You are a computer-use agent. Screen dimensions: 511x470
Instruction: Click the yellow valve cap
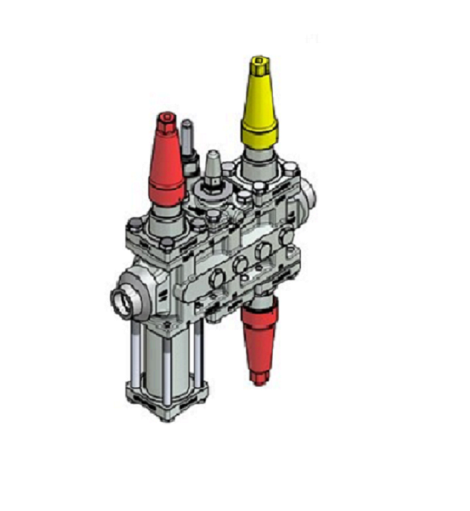(259, 106)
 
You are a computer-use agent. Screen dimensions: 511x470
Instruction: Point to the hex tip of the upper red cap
(166, 119)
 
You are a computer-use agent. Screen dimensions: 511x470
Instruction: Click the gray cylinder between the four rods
(164, 357)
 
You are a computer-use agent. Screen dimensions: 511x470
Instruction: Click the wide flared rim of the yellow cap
(259, 134)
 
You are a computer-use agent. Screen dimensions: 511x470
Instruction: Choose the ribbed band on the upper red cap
(165, 188)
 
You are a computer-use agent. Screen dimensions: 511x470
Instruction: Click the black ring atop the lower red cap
(258, 303)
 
